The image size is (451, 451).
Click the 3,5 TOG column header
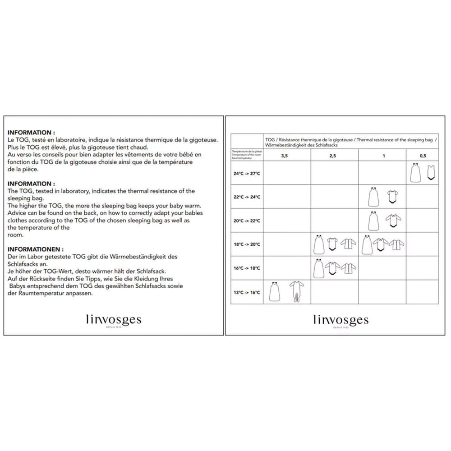(x=285, y=156)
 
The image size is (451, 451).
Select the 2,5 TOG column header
(x=332, y=156)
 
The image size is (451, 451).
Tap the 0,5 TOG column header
(x=423, y=156)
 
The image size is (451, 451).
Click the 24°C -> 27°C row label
(x=247, y=173)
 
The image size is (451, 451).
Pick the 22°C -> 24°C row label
(x=247, y=197)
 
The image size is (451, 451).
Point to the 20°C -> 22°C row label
(x=247, y=221)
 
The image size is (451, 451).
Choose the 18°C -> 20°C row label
(x=247, y=244)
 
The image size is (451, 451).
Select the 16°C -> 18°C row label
(x=247, y=268)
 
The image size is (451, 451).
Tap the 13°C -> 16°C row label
(x=247, y=292)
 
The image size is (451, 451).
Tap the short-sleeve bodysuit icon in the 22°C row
(x=392, y=197)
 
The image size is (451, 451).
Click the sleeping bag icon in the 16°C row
(x=318, y=268)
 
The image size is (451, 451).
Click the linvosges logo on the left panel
(x=113, y=320)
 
